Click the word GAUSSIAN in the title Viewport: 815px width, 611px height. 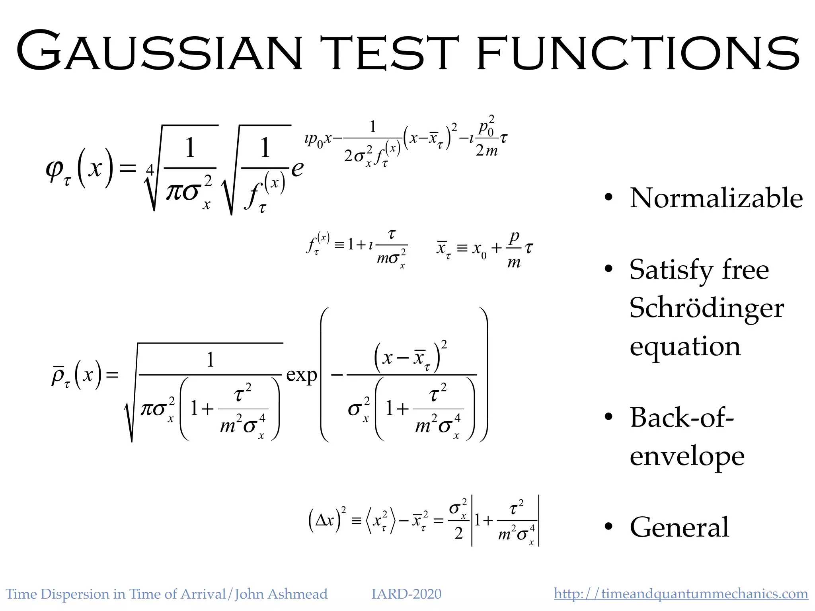coord(159,52)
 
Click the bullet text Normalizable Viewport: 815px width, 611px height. coord(716,198)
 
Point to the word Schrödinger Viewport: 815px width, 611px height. coord(707,308)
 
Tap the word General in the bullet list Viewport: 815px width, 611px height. coord(679,527)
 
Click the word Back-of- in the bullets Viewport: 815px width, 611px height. coord(682,417)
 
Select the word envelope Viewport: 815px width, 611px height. coord(687,456)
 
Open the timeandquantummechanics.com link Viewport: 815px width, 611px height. coord(681,593)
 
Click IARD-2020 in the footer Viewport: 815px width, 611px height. coord(406,594)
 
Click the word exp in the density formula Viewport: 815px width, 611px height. coord(302,375)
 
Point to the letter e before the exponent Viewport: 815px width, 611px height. coord(297,168)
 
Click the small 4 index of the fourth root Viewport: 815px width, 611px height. coord(150,170)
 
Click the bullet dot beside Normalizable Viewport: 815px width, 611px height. coord(608,198)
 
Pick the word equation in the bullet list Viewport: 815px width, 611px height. coord(685,346)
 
